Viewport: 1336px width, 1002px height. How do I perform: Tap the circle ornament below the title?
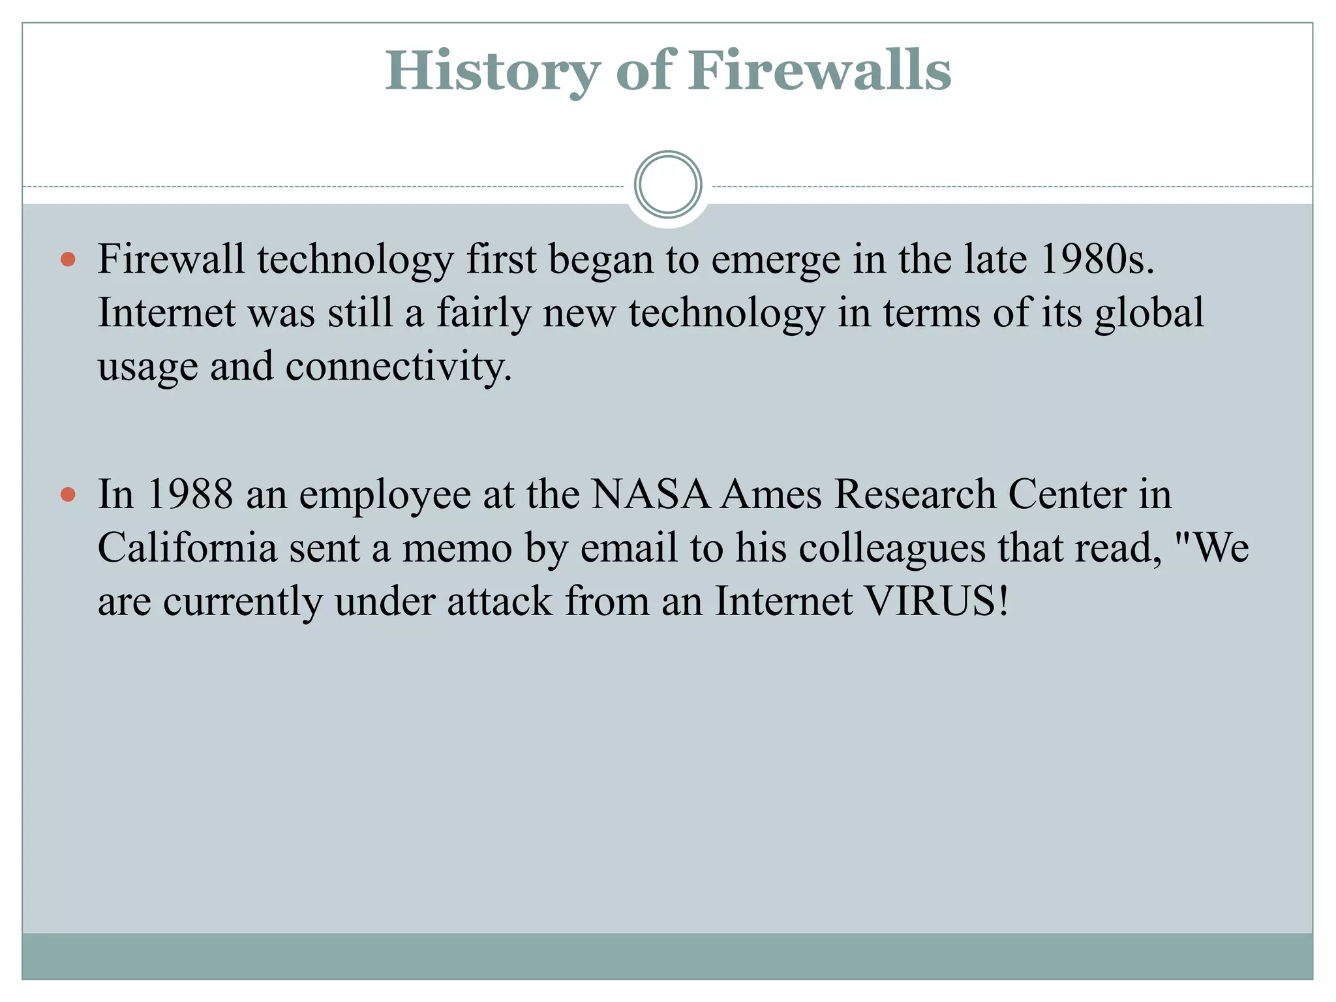pos(667,185)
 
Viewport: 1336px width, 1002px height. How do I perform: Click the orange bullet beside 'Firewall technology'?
pos(68,260)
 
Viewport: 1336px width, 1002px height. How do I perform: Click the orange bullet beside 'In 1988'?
pos(68,494)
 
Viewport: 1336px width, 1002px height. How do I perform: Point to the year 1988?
pos(190,494)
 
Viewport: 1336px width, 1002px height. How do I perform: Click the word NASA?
pos(650,494)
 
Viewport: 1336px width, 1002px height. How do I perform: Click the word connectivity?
pos(398,367)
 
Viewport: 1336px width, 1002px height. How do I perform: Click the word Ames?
pos(771,494)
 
